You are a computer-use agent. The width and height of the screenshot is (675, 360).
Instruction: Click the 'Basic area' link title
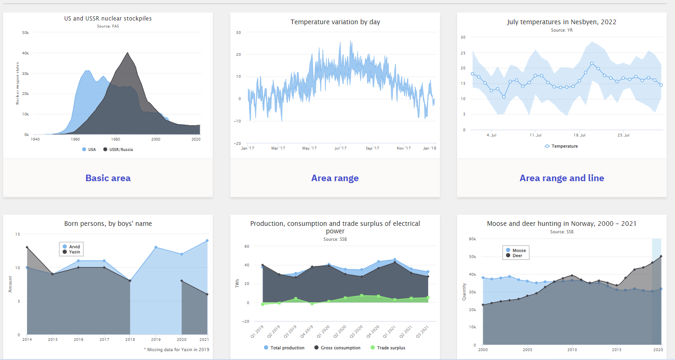pos(108,178)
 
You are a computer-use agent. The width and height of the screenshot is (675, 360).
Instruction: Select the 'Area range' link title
pos(335,178)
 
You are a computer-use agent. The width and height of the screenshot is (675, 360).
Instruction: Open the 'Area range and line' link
pos(561,178)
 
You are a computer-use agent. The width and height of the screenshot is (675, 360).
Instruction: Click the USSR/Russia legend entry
pos(121,149)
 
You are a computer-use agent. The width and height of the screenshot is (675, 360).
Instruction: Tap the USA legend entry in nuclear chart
pos(91,149)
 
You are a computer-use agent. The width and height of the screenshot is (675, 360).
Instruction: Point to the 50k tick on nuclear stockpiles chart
pos(26,33)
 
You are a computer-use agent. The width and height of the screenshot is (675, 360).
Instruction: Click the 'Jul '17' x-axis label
pos(340,148)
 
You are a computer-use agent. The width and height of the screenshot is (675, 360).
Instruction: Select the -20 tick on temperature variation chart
pos(238,143)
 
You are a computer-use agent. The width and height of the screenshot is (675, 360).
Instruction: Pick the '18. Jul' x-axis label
pos(579,136)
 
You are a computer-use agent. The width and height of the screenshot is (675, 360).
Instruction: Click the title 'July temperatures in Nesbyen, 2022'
pos(561,22)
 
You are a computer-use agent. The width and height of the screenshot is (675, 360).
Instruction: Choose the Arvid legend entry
pos(74,247)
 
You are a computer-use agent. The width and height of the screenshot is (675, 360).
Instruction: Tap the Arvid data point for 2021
pos(207,241)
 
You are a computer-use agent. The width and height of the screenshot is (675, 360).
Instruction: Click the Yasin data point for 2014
pos(27,247)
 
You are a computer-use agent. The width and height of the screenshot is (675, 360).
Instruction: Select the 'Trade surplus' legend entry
pos(391,348)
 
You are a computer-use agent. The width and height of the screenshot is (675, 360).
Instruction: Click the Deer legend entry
pos(517,256)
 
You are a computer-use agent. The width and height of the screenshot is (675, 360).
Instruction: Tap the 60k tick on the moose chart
pos(472,239)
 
